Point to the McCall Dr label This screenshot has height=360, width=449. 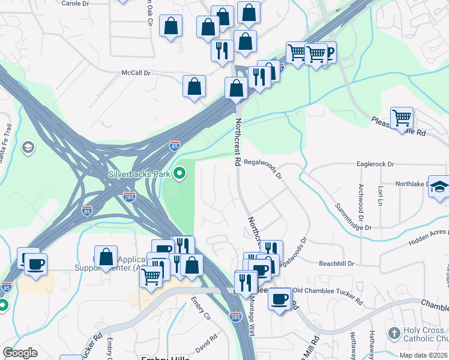136,73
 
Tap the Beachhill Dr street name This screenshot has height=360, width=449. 337,263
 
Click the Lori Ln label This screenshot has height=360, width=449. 380,195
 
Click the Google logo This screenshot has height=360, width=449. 20,353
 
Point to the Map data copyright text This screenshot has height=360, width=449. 422,355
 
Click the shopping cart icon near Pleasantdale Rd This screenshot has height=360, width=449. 402,117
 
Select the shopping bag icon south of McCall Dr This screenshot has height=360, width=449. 194,86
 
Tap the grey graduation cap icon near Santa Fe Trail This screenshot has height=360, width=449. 27,147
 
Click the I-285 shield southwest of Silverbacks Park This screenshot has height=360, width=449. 128,196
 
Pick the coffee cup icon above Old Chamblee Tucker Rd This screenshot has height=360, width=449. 279,298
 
